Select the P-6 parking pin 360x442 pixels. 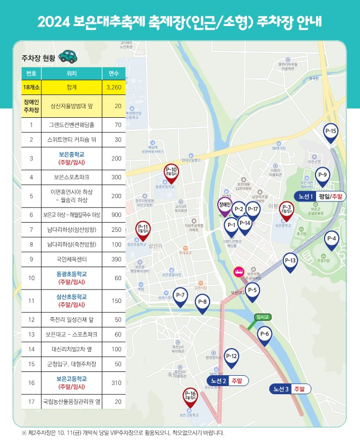pos(264,335)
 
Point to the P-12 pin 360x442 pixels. pos(231,357)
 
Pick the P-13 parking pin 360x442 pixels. pos(290,262)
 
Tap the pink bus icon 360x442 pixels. pos(238,271)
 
